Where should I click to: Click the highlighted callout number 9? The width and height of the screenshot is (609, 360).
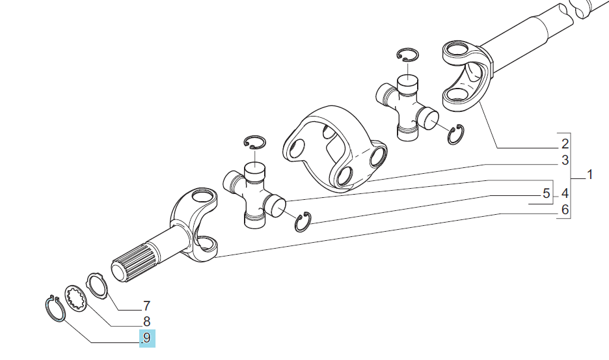click(x=147, y=337)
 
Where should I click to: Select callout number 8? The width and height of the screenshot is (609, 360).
click(x=146, y=322)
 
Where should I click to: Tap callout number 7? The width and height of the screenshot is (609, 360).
click(x=146, y=306)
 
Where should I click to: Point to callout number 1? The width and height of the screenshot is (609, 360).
click(x=589, y=174)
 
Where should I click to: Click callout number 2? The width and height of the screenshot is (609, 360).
click(x=565, y=144)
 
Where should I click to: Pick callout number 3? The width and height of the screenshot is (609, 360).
click(x=565, y=159)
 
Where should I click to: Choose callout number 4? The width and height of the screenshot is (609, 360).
click(x=565, y=193)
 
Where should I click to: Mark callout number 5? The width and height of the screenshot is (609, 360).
click(x=547, y=193)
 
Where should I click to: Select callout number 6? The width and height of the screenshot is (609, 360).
click(x=565, y=210)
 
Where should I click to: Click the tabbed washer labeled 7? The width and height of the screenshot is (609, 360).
click(x=97, y=285)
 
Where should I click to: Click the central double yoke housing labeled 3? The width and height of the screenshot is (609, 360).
click(x=334, y=149)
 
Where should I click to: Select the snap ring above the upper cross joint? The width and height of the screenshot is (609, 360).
click(x=407, y=55)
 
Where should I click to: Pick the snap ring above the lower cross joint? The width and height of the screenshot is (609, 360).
click(x=254, y=143)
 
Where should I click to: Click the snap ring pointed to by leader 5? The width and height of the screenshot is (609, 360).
click(x=303, y=222)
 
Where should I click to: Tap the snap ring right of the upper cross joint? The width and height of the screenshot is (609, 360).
click(x=455, y=135)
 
